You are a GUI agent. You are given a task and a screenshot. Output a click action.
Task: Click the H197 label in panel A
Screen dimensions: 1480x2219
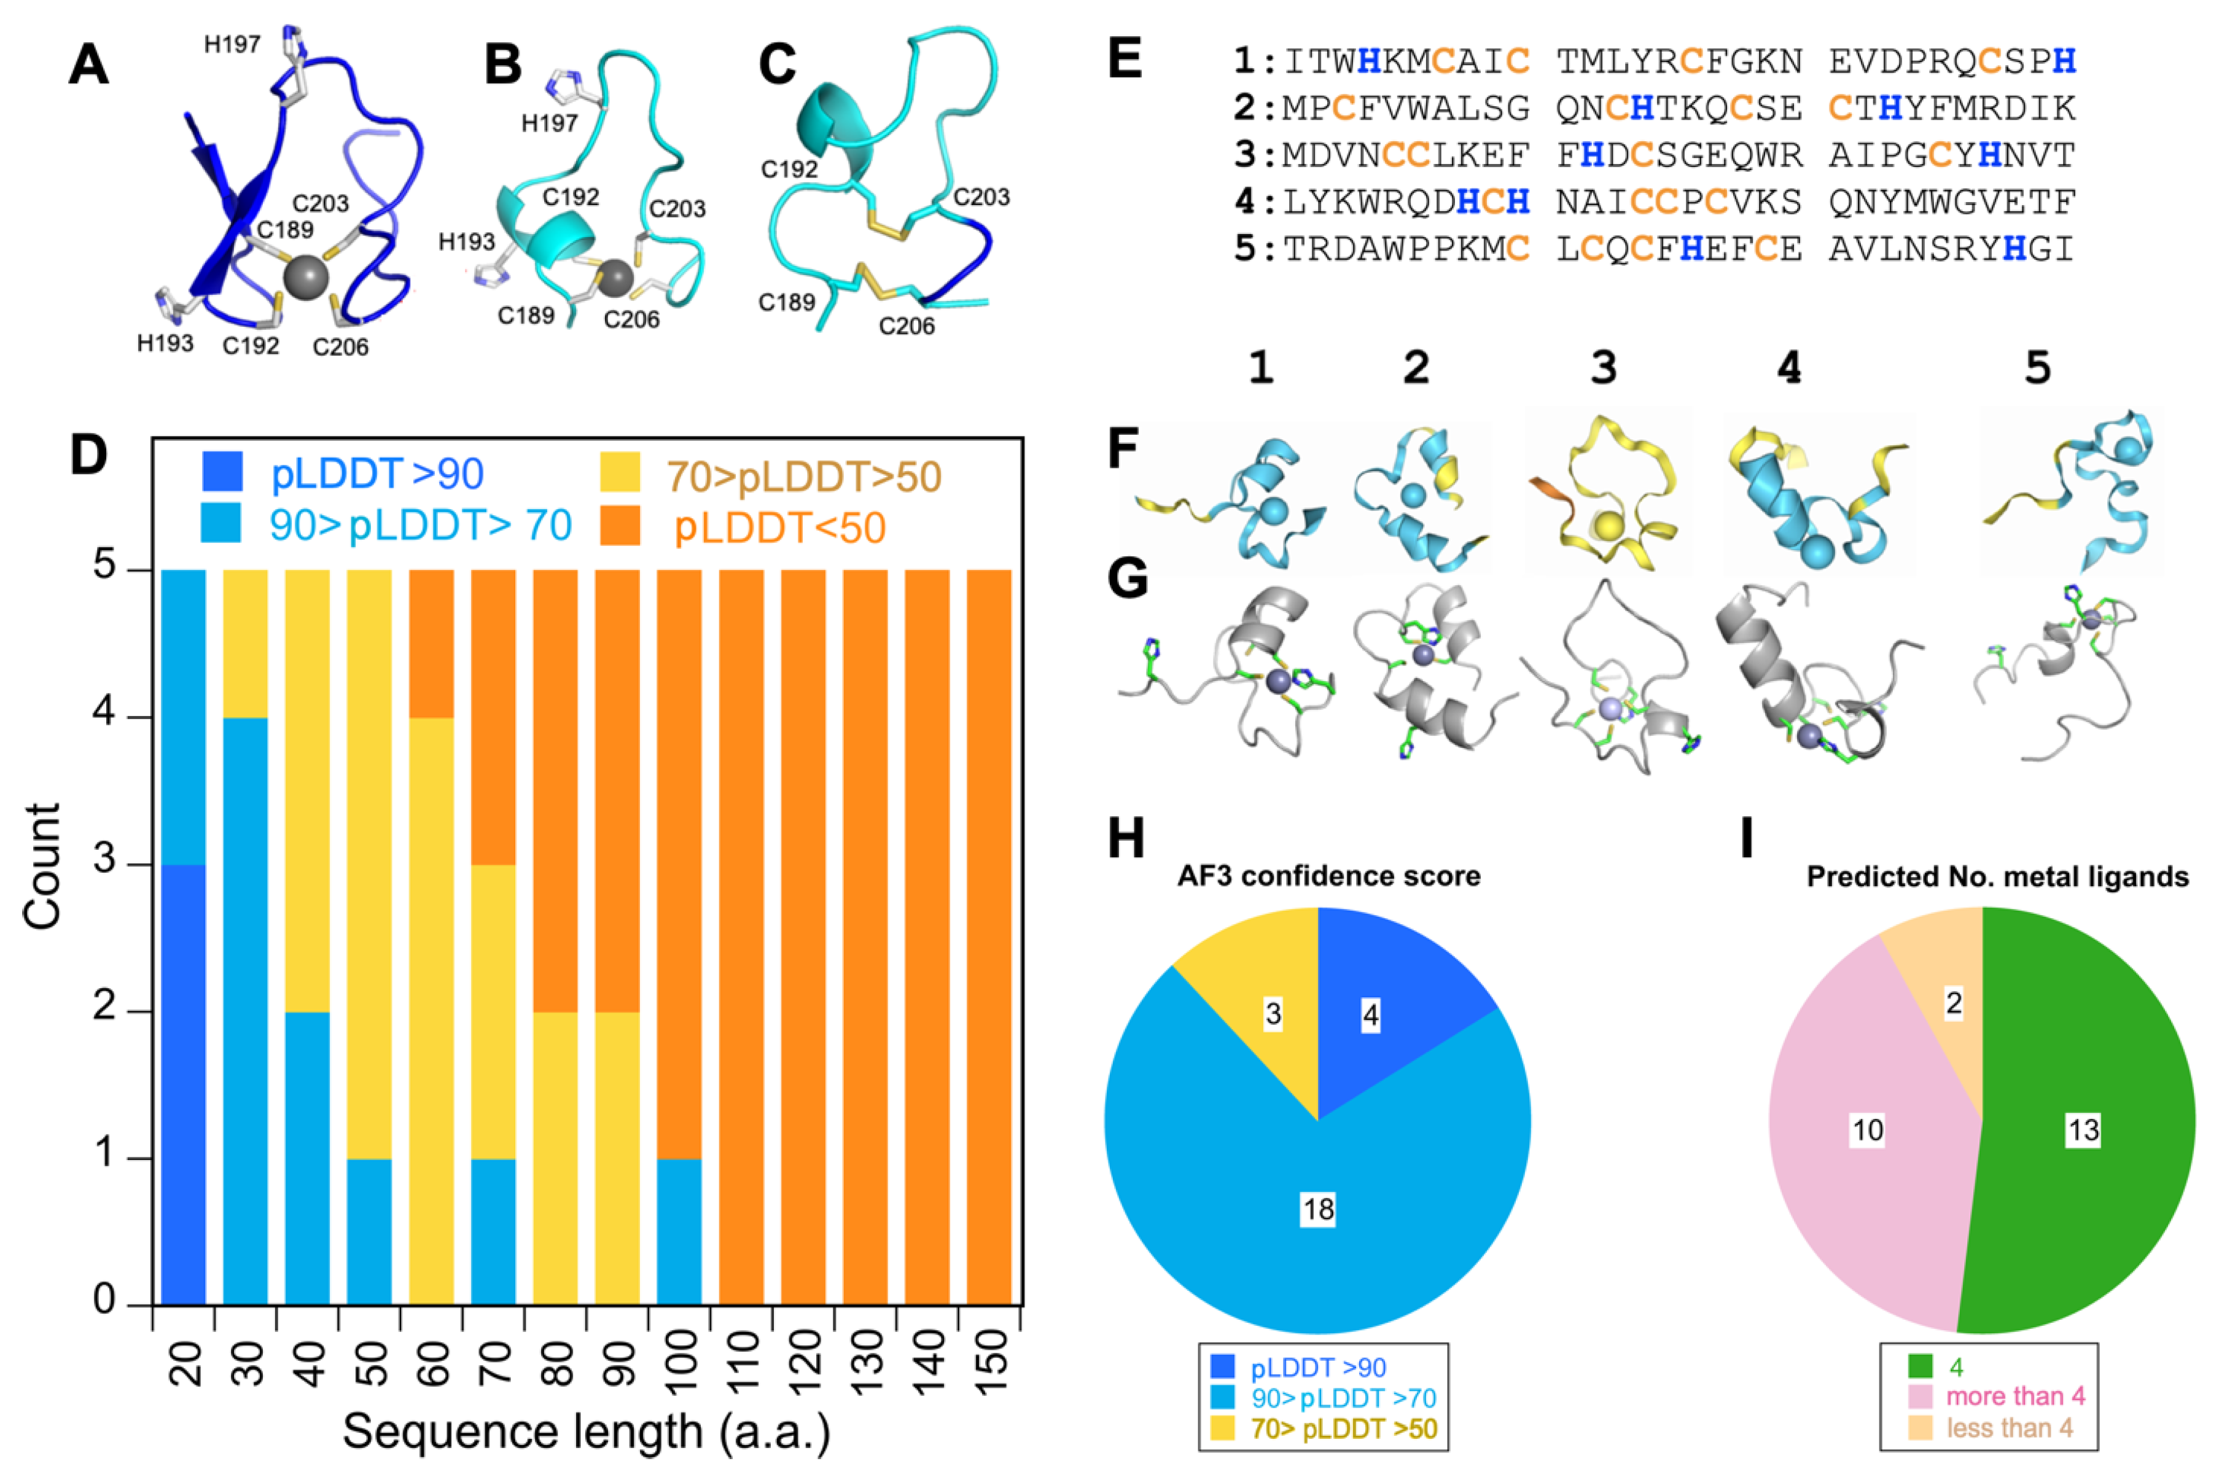coord(232,44)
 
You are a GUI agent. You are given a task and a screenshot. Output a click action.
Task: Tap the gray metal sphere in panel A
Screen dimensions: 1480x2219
coord(306,278)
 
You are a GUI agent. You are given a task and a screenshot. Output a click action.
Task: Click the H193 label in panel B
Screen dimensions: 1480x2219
coord(466,243)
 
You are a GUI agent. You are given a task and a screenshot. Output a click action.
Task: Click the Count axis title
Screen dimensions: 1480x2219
coord(42,867)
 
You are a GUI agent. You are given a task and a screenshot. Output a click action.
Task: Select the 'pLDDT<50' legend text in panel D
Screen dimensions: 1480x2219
coord(779,528)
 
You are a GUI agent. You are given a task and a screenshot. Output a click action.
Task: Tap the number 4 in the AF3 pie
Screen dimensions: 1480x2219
coord(1370,1016)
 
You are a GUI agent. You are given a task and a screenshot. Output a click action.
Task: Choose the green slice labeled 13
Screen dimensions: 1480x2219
coord(2083,1130)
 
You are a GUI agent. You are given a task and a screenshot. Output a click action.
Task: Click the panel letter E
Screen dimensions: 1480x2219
coord(1125,60)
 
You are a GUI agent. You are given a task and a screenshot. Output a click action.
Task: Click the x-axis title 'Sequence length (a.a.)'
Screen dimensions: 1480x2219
coord(586,1432)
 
